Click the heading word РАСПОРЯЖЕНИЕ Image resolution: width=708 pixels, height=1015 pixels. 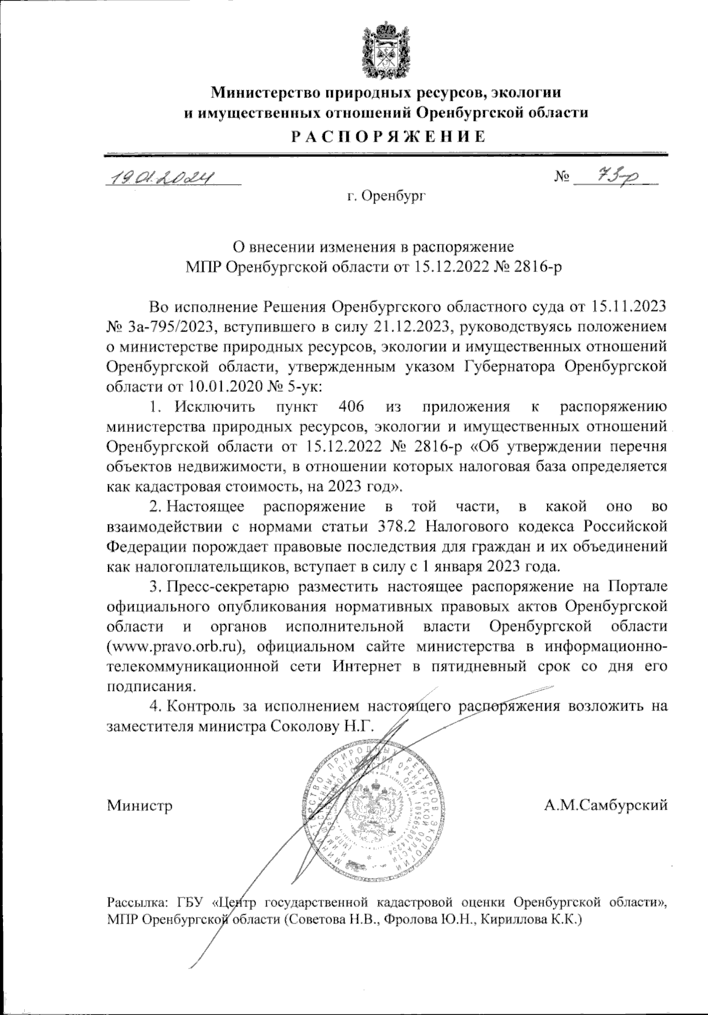pos(386,137)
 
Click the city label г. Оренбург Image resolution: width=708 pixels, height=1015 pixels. pos(386,195)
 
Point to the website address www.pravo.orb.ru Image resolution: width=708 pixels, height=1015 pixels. pos(175,646)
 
